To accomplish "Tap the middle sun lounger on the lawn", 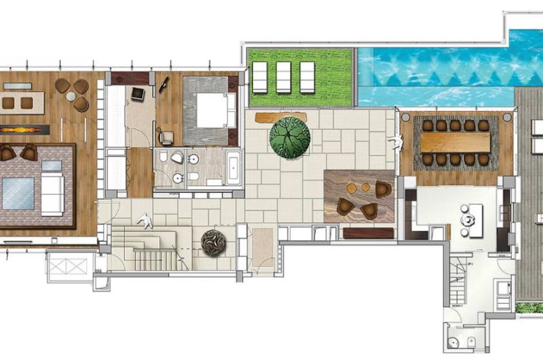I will click(283, 77).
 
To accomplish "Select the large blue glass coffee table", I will click(19, 193).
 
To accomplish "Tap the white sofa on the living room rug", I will click(52, 194).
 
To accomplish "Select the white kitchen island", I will click(469, 217).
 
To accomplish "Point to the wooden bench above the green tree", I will click(281, 117).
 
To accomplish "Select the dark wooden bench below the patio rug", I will click(369, 233).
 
